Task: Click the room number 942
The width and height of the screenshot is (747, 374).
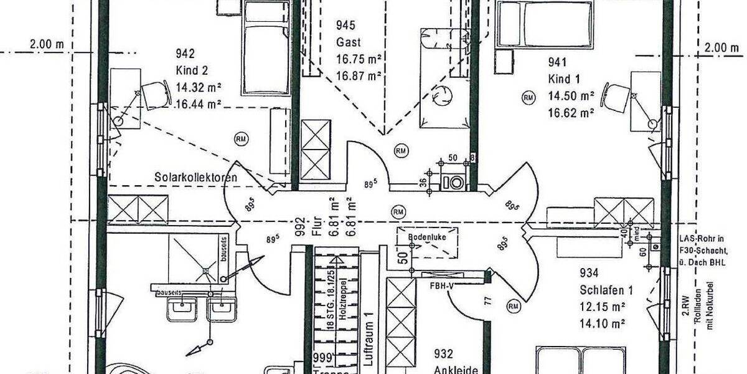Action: click(x=186, y=53)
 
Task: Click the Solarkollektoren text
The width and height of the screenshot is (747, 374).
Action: click(x=195, y=178)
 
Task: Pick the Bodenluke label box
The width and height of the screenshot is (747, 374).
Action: click(x=424, y=237)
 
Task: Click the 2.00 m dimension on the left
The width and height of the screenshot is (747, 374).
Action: click(x=47, y=45)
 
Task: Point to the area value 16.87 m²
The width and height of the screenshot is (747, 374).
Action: click(x=359, y=76)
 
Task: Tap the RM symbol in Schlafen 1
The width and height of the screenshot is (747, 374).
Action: click(x=514, y=305)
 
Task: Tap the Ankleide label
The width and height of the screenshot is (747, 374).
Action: click(x=456, y=370)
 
